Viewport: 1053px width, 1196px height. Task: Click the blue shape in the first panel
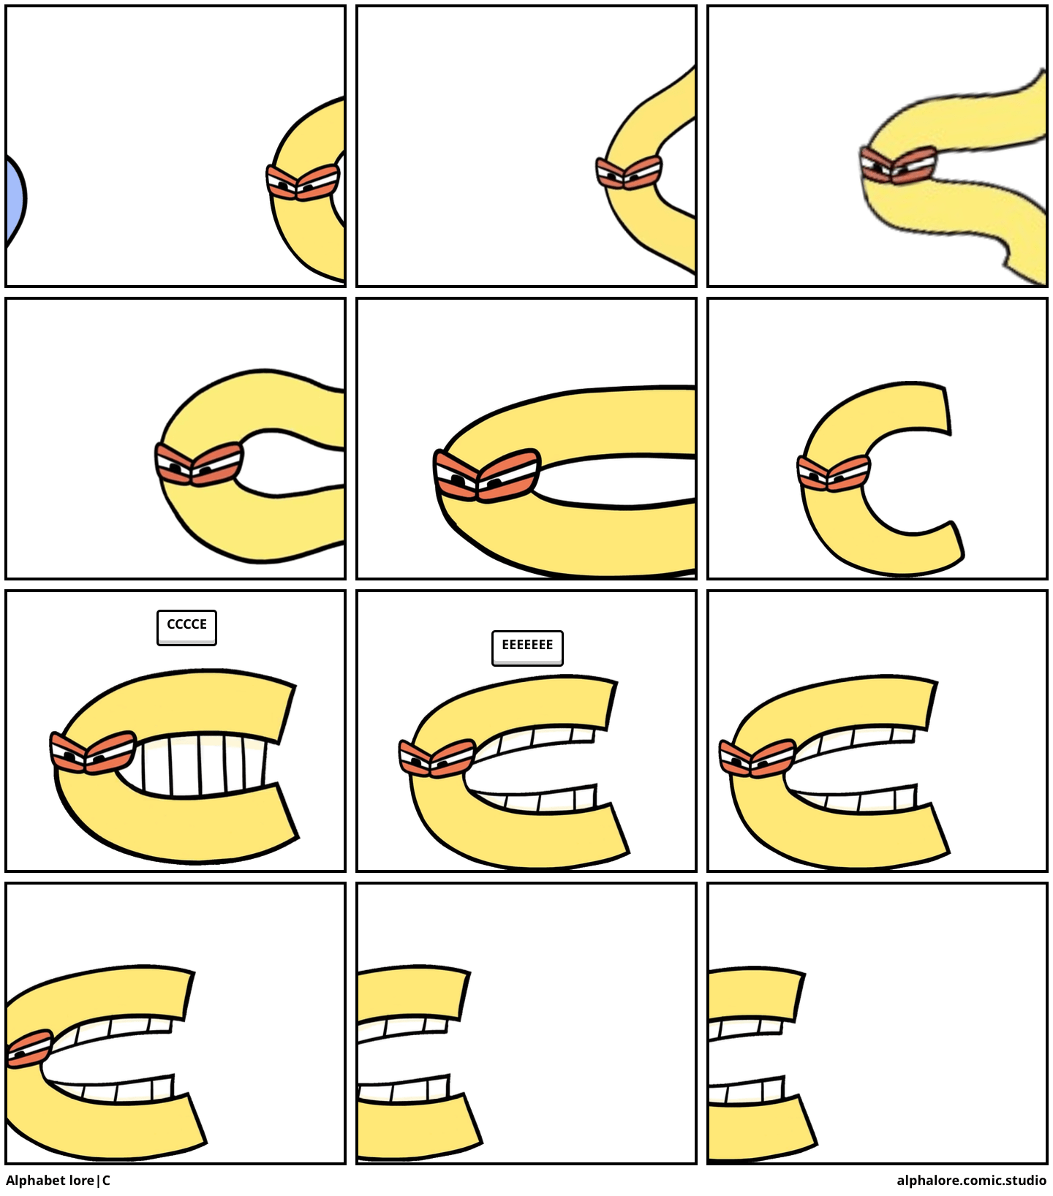(x=15, y=199)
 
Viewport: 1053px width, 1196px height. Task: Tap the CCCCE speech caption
(x=186, y=627)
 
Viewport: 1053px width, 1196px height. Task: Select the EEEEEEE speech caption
(x=527, y=648)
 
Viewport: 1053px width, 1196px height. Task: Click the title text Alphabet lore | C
(x=58, y=1181)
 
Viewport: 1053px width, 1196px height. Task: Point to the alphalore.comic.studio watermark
(x=971, y=1181)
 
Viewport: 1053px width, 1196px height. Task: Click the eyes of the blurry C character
(x=899, y=165)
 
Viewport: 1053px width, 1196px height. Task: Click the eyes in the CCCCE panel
(x=93, y=752)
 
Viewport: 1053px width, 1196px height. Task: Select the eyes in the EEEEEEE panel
(x=437, y=758)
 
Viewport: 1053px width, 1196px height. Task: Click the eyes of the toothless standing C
(x=834, y=473)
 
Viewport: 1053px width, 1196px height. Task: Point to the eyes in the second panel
(x=629, y=173)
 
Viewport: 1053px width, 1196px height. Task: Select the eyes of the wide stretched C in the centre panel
(x=486, y=475)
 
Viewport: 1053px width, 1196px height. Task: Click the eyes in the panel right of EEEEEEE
(x=758, y=758)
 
